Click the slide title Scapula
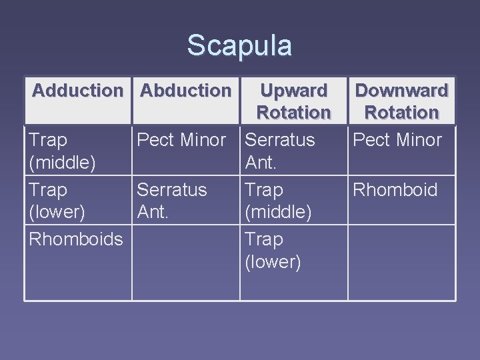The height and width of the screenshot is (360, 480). pos(239,46)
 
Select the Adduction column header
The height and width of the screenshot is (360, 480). pos(77,90)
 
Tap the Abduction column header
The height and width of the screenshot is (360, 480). pos(186,90)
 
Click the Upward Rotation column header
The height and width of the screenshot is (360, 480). pos(293,101)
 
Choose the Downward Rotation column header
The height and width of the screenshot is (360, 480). pos(401,101)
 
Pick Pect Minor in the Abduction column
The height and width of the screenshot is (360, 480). pos(181,140)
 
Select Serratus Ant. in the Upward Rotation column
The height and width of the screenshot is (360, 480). pos(279,151)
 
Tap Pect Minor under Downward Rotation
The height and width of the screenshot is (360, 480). pos(397,140)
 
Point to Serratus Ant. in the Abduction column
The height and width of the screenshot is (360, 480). pos(171,201)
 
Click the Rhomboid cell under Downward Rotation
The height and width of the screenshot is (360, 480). pos(395,190)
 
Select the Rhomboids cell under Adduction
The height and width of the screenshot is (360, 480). pos(75,239)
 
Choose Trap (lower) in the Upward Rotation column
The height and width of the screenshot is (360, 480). pos(273,251)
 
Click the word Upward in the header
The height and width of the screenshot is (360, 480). pos(293,90)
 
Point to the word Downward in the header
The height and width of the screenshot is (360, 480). pos(401,90)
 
